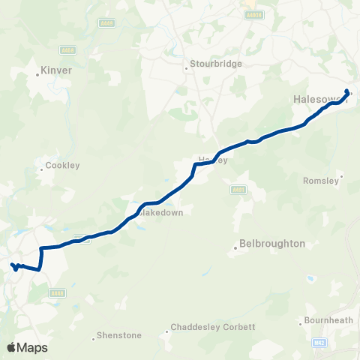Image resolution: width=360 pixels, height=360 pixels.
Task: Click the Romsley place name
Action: click(321, 180)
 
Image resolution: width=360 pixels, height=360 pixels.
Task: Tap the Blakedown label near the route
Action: click(163, 212)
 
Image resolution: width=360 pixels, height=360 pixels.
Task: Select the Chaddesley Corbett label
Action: click(213, 327)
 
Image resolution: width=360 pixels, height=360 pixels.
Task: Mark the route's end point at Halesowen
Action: click(347, 91)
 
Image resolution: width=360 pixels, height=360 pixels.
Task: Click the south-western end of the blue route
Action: click(12, 265)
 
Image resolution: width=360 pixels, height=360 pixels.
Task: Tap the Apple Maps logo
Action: click(26, 347)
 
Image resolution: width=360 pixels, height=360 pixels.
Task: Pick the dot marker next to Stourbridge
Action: click(187, 70)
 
